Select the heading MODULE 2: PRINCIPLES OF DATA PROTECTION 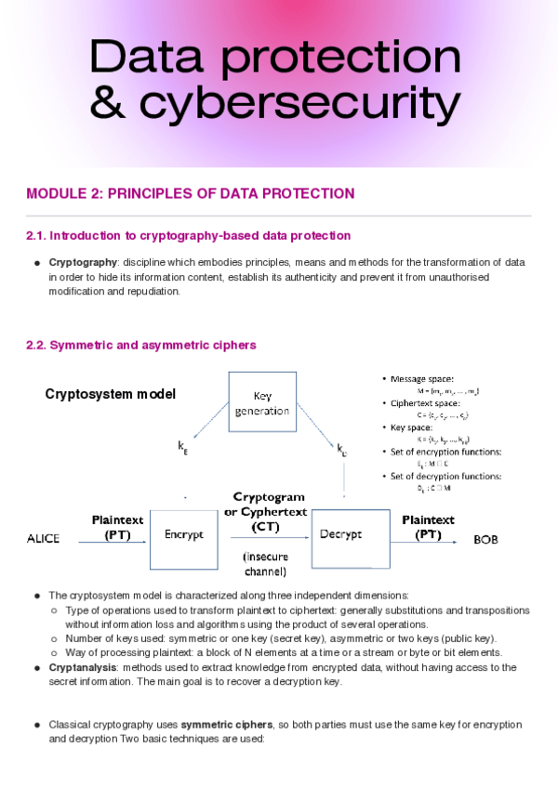[x=190, y=194]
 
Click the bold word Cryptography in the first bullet [x=83, y=263]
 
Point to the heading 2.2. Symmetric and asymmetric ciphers [x=140, y=346]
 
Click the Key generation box [x=262, y=402]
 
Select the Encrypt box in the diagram [x=183, y=534]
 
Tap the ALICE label [x=44, y=539]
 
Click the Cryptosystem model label [x=110, y=394]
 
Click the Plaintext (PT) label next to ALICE [x=117, y=528]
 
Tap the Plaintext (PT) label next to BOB [x=428, y=527]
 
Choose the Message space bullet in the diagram [x=424, y=379]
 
